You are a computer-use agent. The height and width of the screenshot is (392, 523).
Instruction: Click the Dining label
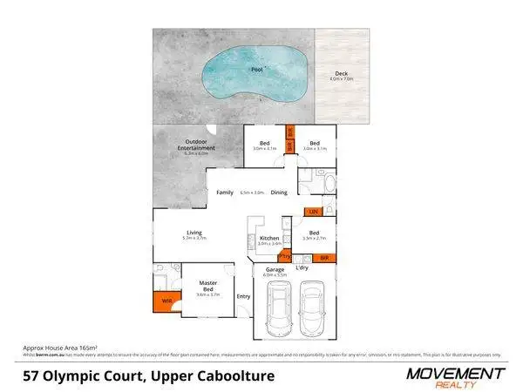[278, 192]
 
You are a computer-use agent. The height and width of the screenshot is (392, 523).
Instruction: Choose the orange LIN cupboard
[312, 212]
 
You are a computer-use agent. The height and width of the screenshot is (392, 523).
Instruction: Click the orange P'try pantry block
[284, 257]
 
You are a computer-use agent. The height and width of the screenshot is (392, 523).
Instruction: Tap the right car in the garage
[314, 311]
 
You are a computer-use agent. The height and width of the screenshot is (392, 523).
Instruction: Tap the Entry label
[243, 295]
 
